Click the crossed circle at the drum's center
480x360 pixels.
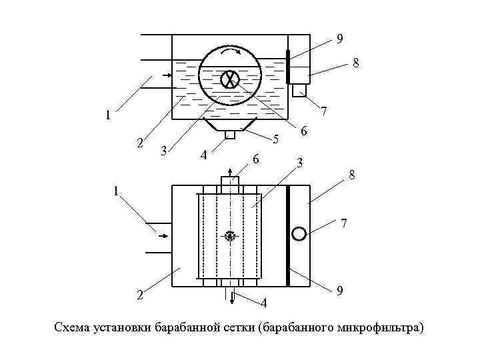(x=230, y=79)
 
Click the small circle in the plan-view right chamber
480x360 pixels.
(x=299, y=233)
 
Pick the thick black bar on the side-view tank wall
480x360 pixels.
(x=287, y=67)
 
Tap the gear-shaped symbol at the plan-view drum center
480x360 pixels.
(x=231, y=235)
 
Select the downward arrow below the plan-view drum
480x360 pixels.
(x=231, y=297)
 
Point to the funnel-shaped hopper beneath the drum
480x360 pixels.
(x=230, y=125)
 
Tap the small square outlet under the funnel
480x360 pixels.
(x=230, y=135)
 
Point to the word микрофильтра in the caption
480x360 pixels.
(x=380, y=328)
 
